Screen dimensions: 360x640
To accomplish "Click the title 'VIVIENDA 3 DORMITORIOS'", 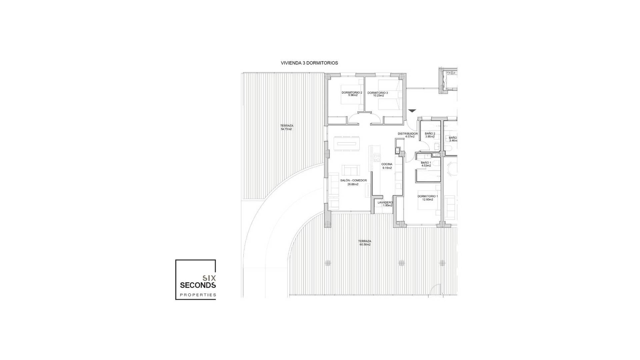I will (x=309, y=63).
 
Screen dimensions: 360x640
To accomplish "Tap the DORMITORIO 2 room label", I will (x=352, y=92).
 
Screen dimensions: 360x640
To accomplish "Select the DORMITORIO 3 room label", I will (x=378, y=93).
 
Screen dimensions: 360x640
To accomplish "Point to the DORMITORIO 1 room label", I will (x=428, y=196).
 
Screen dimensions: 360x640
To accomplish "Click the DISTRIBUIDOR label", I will (x=408, y=134).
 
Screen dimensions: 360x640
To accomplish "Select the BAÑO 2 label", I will (x=430, y=134).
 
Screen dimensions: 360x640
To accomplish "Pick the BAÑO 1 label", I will (x=426, y=163).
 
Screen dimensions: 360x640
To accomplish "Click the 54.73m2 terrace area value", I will (x=286, y=129).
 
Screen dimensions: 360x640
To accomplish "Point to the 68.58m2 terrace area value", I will (x=365, y=244).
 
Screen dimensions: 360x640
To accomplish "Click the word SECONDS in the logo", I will (x=198, y=285).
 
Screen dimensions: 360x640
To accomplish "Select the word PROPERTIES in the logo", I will (x=198, y=295).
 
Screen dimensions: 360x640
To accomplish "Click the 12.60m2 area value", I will (x=428, y=200).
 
